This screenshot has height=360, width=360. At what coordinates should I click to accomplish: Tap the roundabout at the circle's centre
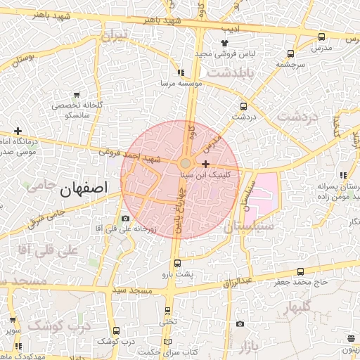click(184, 164)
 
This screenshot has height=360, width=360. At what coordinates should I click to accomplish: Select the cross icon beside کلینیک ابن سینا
click(205, 163)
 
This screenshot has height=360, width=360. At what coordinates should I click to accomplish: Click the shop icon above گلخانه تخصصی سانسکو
click(76, 94)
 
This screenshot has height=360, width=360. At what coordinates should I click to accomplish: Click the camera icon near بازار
click(240, 323)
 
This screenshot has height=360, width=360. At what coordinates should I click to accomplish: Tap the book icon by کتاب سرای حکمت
click(167, 342)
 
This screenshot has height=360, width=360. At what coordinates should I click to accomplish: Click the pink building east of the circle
click(265, 193)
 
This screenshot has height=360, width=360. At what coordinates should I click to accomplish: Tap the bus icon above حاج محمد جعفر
click(302, 271)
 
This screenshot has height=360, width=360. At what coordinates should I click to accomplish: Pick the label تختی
click(167, 322)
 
